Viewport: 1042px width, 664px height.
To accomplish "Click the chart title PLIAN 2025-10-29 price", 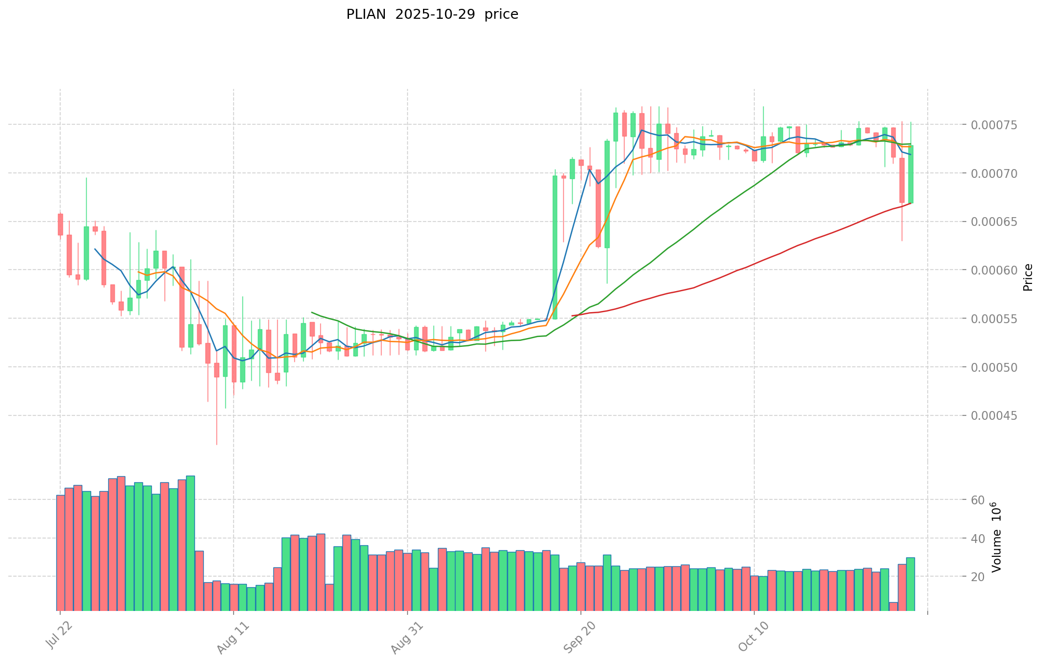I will (432, 15).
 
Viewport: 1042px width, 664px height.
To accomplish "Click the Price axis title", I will (1028, 277).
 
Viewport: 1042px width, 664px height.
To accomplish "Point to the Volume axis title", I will (996, 537).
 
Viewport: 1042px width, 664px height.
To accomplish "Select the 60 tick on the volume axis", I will (978, 500).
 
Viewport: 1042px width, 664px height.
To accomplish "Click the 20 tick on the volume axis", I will (978, 577).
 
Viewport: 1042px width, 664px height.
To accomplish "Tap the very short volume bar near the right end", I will (893, 607).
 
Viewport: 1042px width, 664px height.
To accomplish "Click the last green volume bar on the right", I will (910, 584).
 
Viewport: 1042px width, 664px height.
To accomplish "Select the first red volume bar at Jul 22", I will (60, 552).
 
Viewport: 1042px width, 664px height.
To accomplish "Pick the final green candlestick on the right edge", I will (911, 174).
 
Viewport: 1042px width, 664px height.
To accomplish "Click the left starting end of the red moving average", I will (573, 315).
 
